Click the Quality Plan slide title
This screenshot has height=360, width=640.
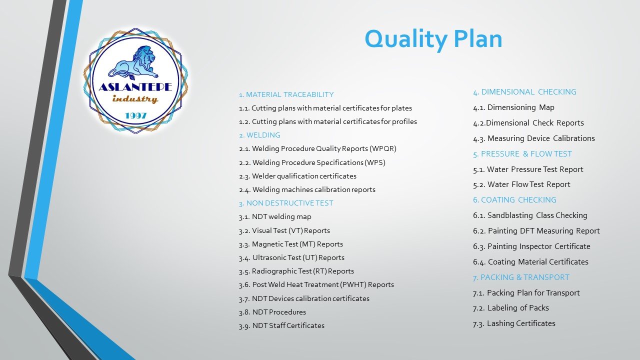[433, 39]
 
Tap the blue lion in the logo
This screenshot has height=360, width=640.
[133, 63]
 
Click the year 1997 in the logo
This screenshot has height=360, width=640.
[136, 115]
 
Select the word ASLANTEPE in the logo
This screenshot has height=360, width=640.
[135, 87]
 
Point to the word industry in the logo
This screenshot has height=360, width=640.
[135, 99]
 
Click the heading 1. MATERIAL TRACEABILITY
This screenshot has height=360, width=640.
[286, 94]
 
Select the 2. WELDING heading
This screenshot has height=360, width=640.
[259, 135]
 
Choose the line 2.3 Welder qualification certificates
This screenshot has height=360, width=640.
[297, 176]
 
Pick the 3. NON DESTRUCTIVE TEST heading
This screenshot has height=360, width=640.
[286, 203]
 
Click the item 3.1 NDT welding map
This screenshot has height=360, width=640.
[275, 217]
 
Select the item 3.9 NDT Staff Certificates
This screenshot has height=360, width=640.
[281, 325]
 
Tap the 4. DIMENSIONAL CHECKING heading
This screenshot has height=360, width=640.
[524, 92]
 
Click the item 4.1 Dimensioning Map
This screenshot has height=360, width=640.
[513, 107]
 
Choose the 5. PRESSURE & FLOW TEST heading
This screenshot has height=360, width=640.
[522, 154]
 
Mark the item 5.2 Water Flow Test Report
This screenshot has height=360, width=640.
[521, 184]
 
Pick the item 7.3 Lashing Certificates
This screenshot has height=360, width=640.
[514, 323]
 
